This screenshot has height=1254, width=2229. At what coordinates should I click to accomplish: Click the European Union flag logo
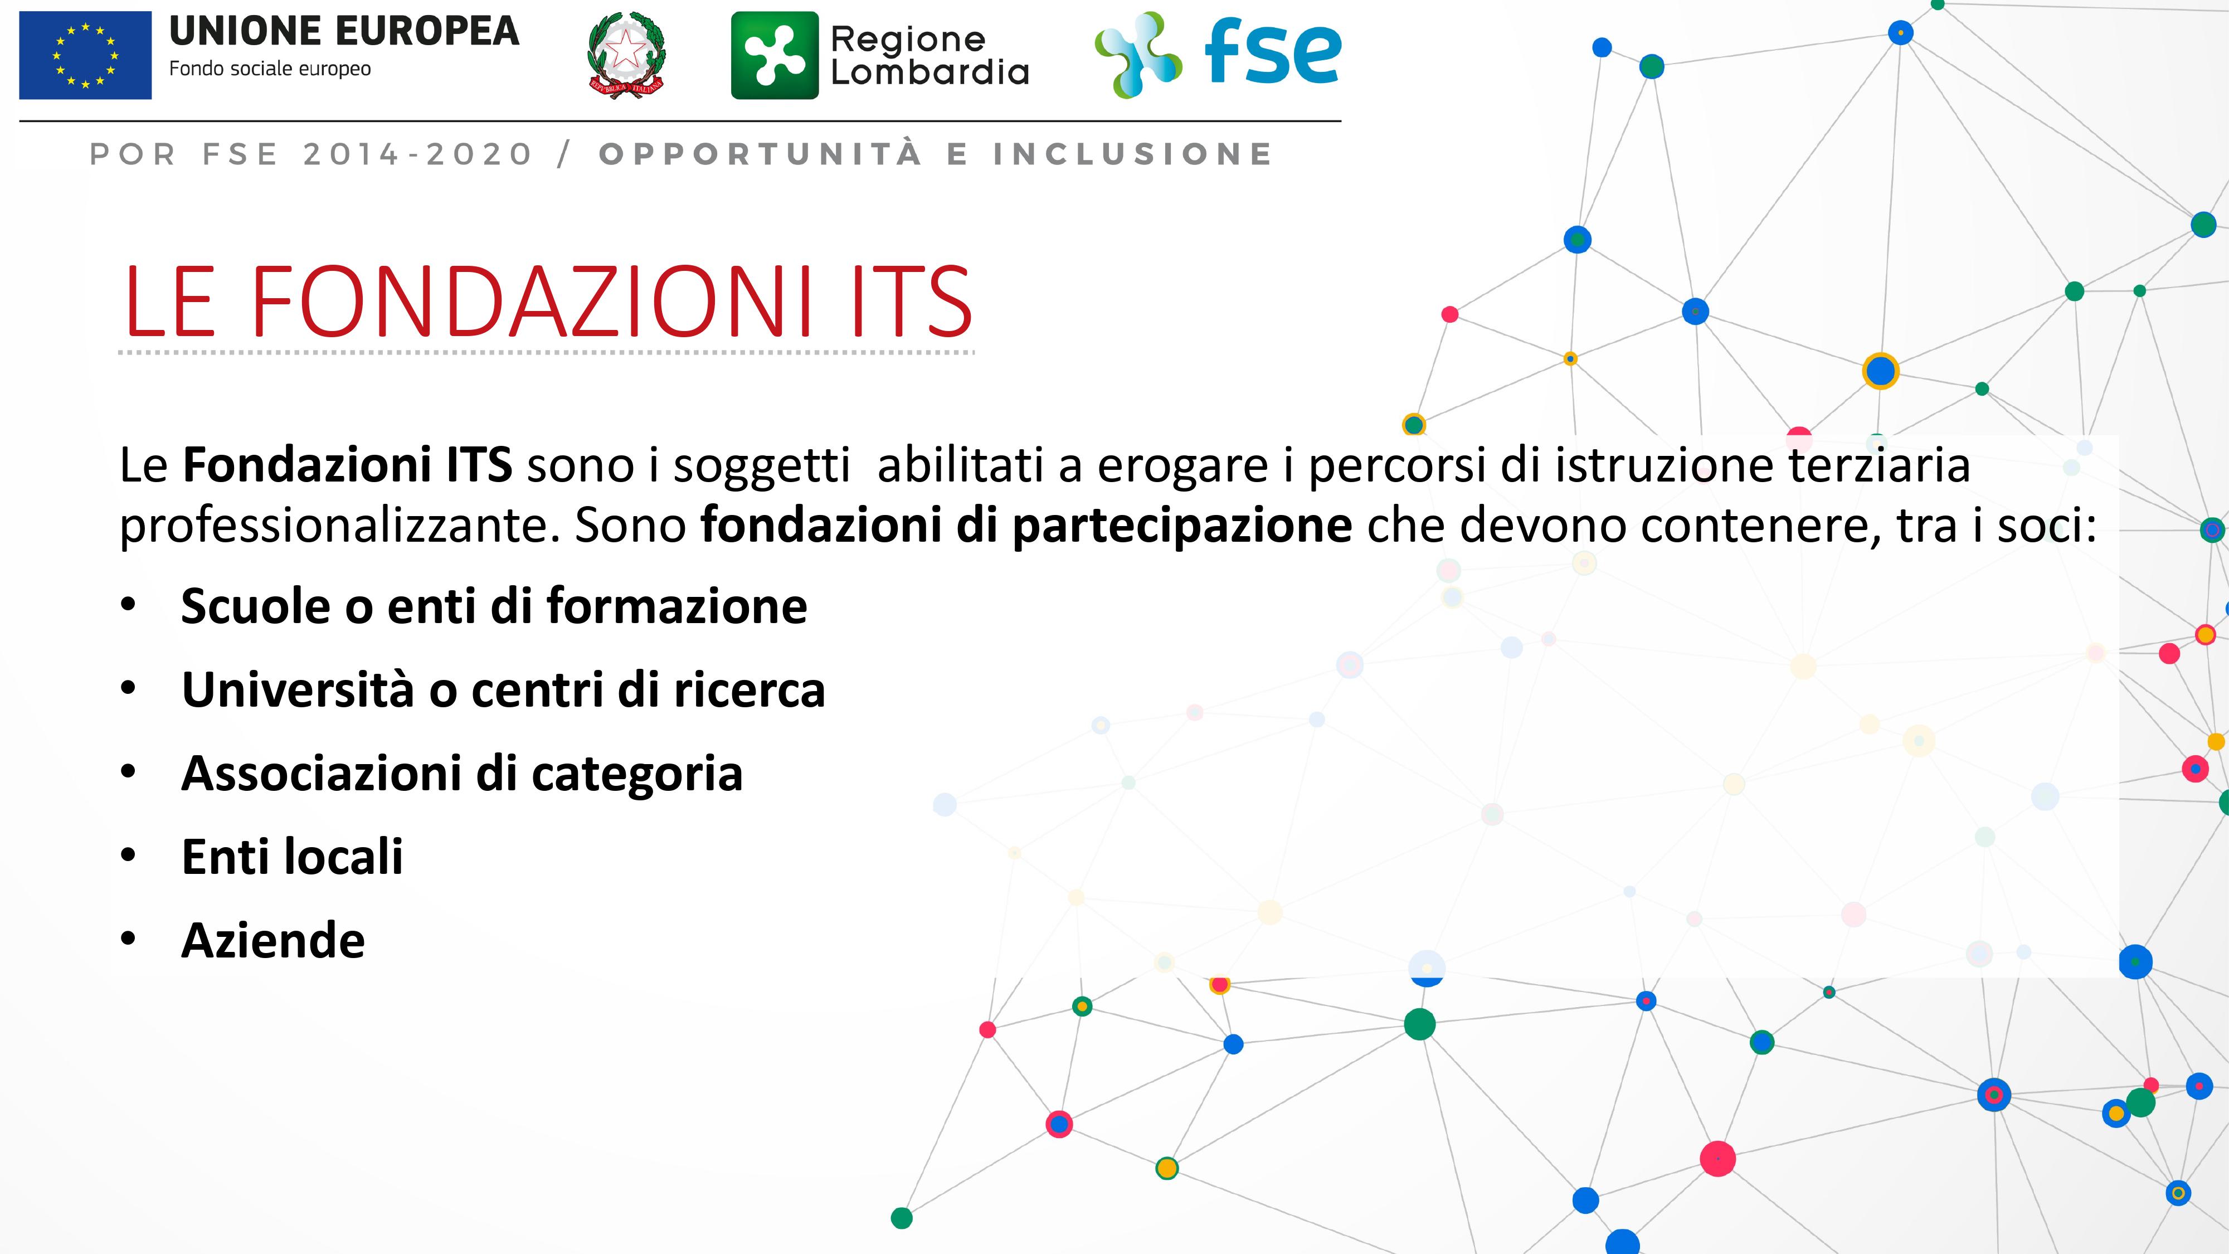click(x=86, y=55)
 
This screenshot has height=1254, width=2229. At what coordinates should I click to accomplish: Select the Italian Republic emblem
click(x=626, y=55)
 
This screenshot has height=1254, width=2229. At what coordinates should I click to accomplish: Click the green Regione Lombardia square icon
click(x=775, y=55)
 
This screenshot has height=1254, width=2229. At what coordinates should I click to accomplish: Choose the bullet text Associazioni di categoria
click(x=462, y=774)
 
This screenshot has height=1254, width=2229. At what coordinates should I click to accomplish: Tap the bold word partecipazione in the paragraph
click(x=1182, y=526)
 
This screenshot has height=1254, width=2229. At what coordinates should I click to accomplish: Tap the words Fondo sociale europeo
click(x=270, y=69)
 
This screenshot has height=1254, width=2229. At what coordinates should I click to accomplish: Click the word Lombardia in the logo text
click(x=930, y=72)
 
